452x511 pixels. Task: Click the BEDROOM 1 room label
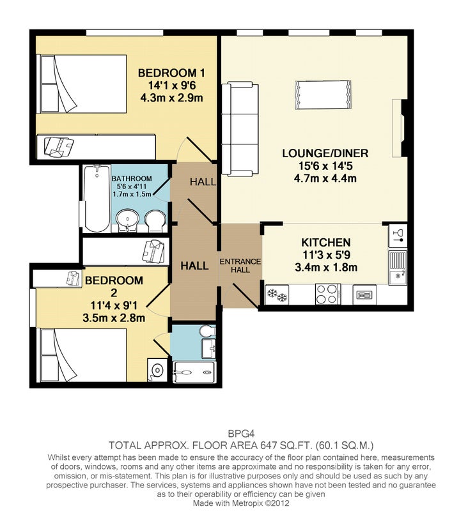coord(171,73)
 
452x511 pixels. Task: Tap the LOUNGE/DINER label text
coord(325,153)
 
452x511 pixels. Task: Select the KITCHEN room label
coord(326,243)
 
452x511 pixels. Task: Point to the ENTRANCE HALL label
coord(240,266)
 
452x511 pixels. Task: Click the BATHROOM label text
coord(132,179)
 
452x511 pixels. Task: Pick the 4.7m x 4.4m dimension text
coord(325,179)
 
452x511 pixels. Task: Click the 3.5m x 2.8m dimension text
coord(114,317)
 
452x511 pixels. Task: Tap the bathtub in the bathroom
coord(97,199)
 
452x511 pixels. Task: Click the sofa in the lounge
coord(240,129)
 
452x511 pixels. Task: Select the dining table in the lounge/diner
coord(323,95)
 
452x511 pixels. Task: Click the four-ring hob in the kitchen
coord(328,294)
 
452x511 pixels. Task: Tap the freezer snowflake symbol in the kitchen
coord(277,294)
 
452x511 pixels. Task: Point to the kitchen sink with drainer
coord(398,268)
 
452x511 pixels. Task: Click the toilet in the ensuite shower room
coord(207,332)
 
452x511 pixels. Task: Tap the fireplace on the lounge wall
coord(398,128)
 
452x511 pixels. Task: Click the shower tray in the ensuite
coord(194,372)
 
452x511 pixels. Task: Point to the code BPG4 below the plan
coord(241,434)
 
